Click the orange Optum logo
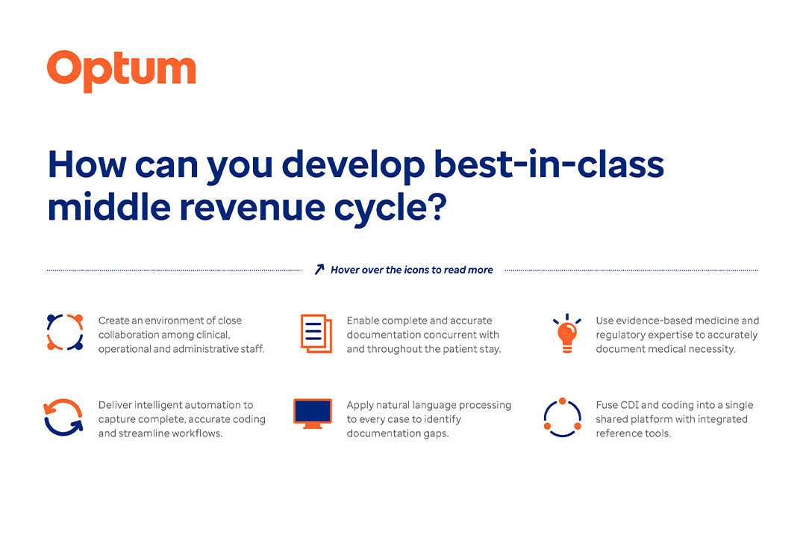122,71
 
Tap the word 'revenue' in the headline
252,208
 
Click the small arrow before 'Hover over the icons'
319,269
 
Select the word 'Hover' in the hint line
344,270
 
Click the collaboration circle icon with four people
65,332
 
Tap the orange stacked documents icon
316,333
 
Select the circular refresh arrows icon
63,418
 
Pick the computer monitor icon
313,414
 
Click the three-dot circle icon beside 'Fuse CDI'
563,418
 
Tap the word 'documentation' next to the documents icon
381,335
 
